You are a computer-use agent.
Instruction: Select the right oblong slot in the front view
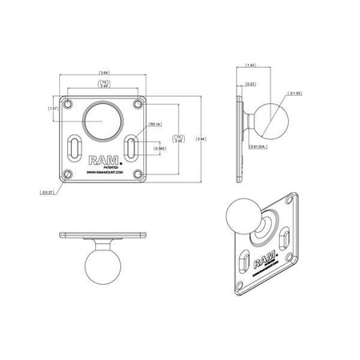(130, 147)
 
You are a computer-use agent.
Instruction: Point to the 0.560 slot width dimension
(159, 148)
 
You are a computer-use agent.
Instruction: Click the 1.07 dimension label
(54, 108)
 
